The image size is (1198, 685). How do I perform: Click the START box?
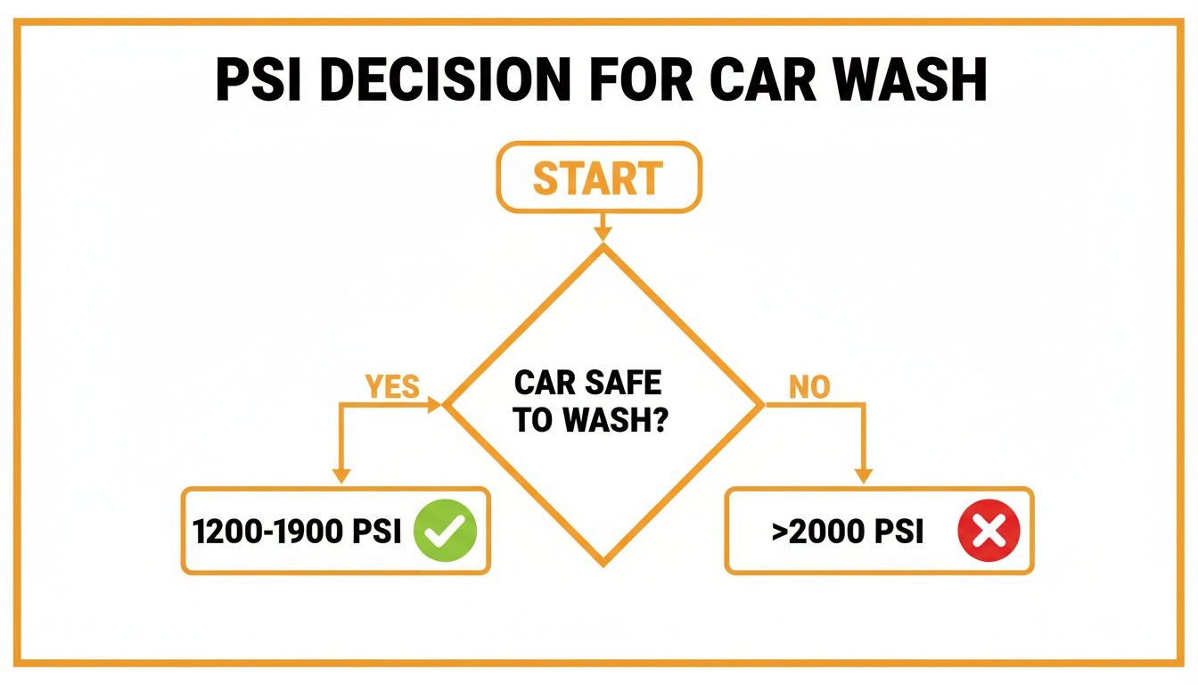coord(599,178)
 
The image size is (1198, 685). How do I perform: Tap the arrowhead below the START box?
coord(603,233)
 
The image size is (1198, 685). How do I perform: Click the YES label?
coord(392,386)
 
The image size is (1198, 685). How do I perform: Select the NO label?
coord(809,386)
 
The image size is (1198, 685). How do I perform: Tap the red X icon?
coord(988,532)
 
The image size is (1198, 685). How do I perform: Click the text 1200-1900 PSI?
coord(297,532)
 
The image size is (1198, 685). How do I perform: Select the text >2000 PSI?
coord(848,532)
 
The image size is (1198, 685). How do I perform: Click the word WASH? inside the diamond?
coord(616,421)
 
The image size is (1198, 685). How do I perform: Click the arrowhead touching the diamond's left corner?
coord(436,405)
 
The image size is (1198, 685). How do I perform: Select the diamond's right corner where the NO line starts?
coord(763,405)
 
